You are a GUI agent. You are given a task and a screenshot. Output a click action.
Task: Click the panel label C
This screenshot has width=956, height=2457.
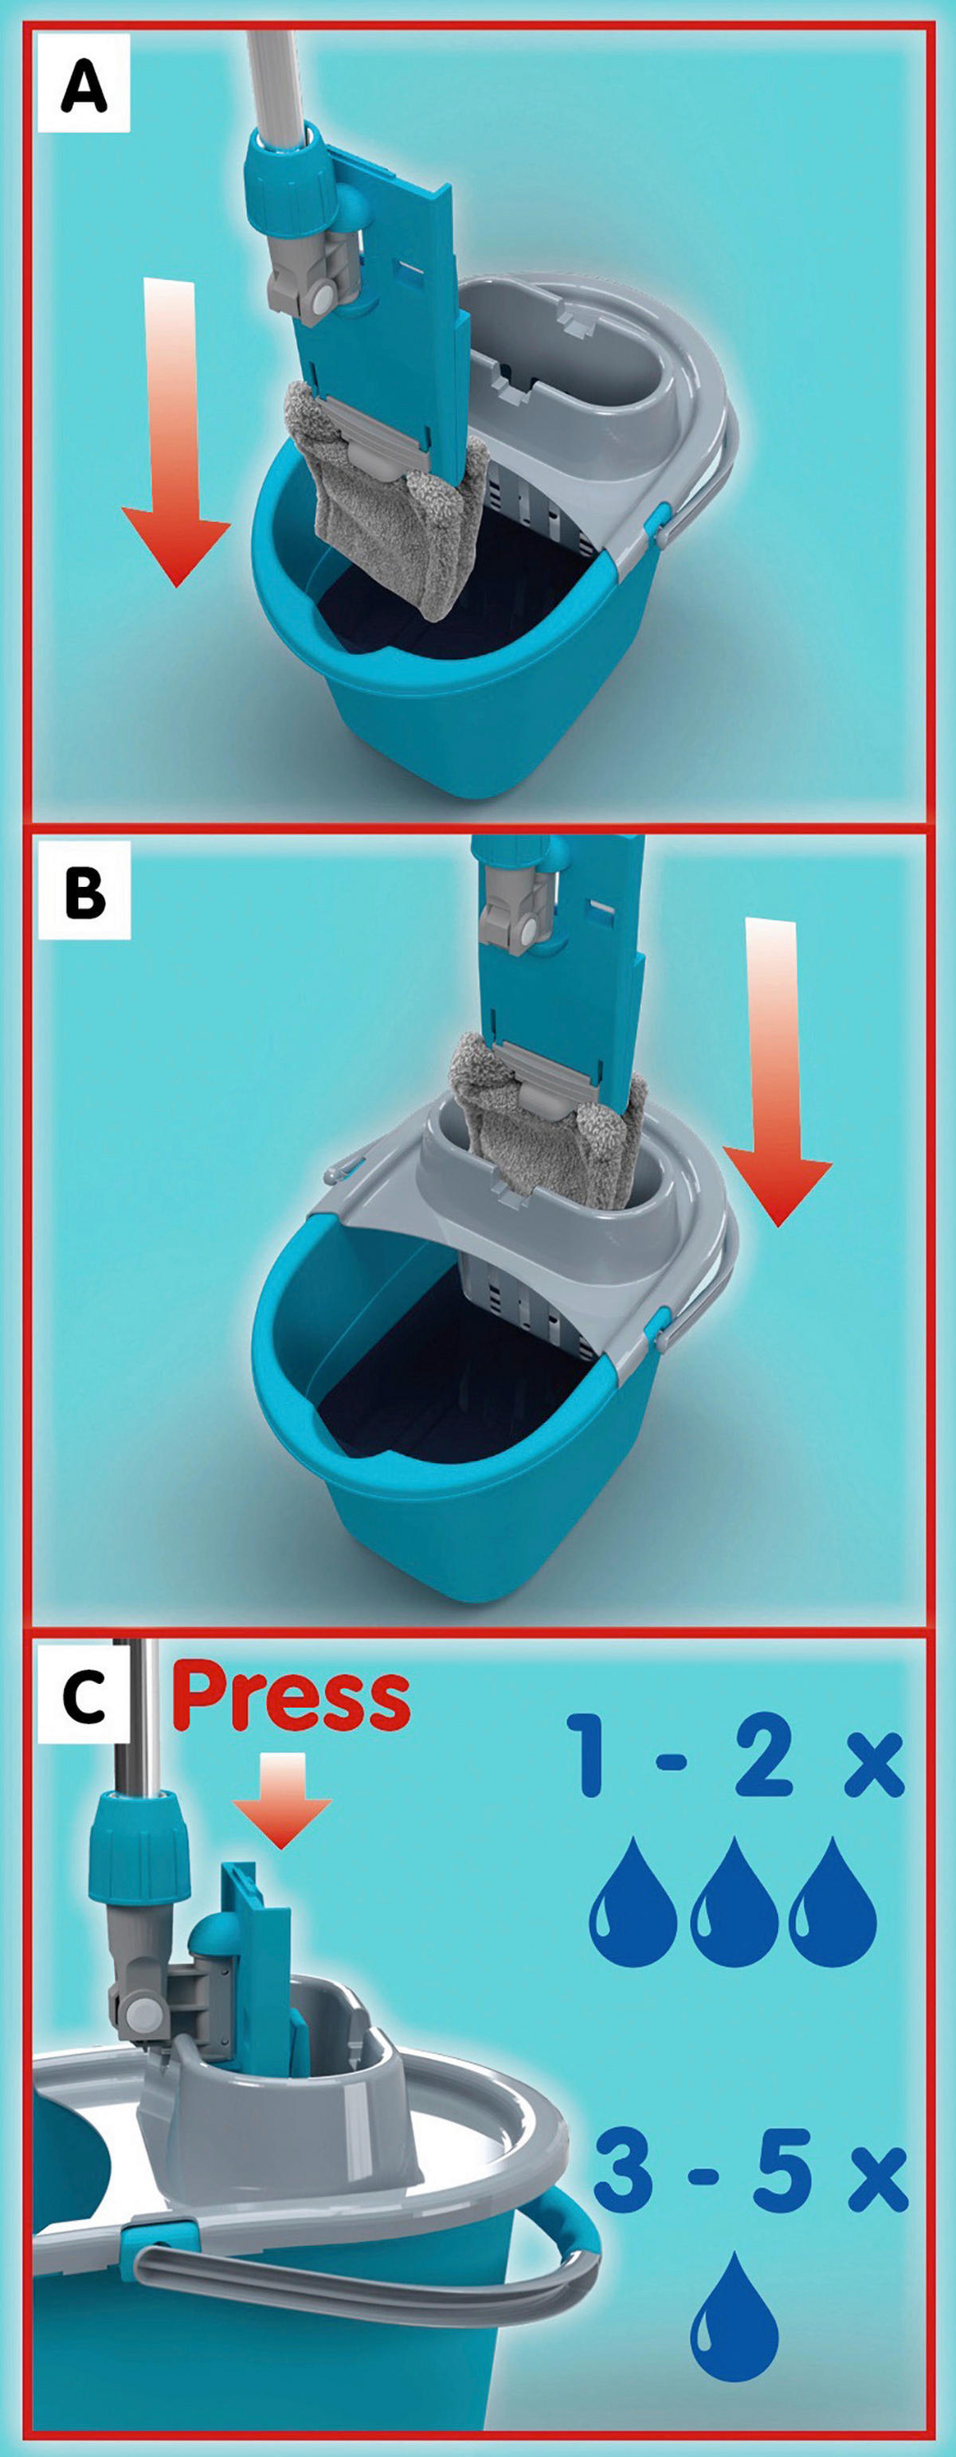click(x=84, y=1697)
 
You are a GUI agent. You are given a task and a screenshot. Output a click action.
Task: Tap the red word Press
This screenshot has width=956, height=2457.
click(x=291, y=1699)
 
